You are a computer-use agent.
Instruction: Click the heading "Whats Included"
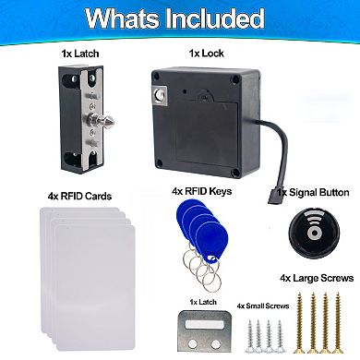pos(179,19)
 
